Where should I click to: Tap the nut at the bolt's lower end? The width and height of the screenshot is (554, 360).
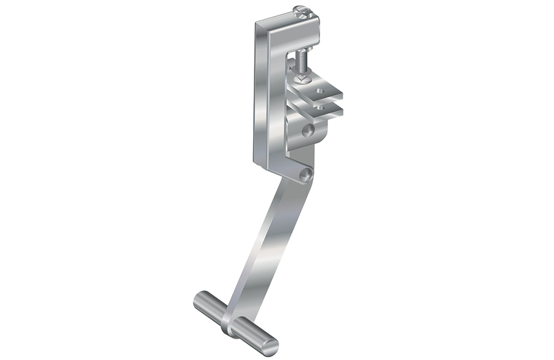[x=302, y=77]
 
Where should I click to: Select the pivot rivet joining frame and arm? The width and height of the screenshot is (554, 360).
[x=304, y=175]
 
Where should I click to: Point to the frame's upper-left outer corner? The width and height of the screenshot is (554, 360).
[x=257, y=22]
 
